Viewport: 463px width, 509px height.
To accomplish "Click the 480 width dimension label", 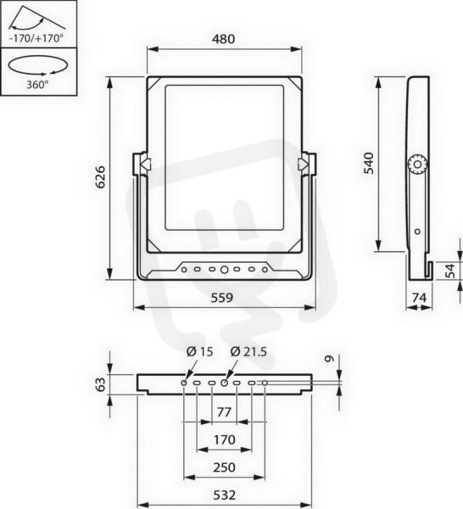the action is coord(223,39).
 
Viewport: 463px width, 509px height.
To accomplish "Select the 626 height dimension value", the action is coord(101,177).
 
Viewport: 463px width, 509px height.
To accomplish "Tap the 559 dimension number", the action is coord(222,298).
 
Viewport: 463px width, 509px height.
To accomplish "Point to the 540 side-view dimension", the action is coord(369,163).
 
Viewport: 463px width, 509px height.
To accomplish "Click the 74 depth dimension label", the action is coord(419,298).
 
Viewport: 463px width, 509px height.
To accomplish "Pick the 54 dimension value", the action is coord(450,271).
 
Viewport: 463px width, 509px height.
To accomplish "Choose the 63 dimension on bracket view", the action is coord(101,384).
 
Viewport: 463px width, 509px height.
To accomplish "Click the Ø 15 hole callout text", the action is coord(199,351).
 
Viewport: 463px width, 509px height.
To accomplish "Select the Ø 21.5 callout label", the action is coord(248,351).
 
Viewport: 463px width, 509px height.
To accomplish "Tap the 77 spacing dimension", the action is coord(224,412).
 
